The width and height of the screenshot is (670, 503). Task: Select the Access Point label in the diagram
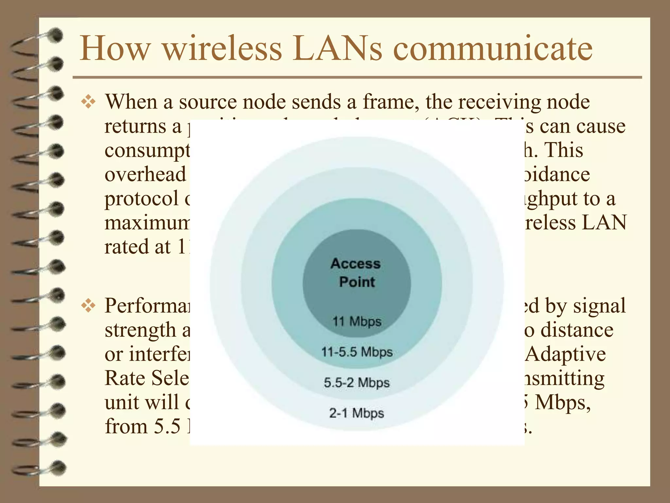pyautogui.click(x=356, y=273)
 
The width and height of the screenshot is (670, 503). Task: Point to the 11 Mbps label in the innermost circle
pyautogui.click(x=357, y=321)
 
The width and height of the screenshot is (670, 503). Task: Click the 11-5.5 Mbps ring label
pyautogui.click(x=357, y=352)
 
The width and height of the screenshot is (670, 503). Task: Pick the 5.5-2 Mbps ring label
pyautogui.click(x=357, y=382)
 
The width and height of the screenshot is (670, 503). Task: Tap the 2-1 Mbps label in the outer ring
pyautogui.click(x=357, y=413)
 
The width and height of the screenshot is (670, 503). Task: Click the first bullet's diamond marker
pyautogui.click(x=88, y=102)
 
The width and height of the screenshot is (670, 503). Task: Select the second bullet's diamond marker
pyautogui.click(x=88, y=307)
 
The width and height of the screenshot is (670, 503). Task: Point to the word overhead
pyautogui.click(x=145, y=174)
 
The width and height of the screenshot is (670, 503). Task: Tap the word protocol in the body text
pyautogui.click(x=141, y=199)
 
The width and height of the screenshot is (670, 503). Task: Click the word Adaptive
pyautogui.click(x=565, y=354)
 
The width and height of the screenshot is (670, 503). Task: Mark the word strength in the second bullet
pyautogui.click(x=140, y=330)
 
